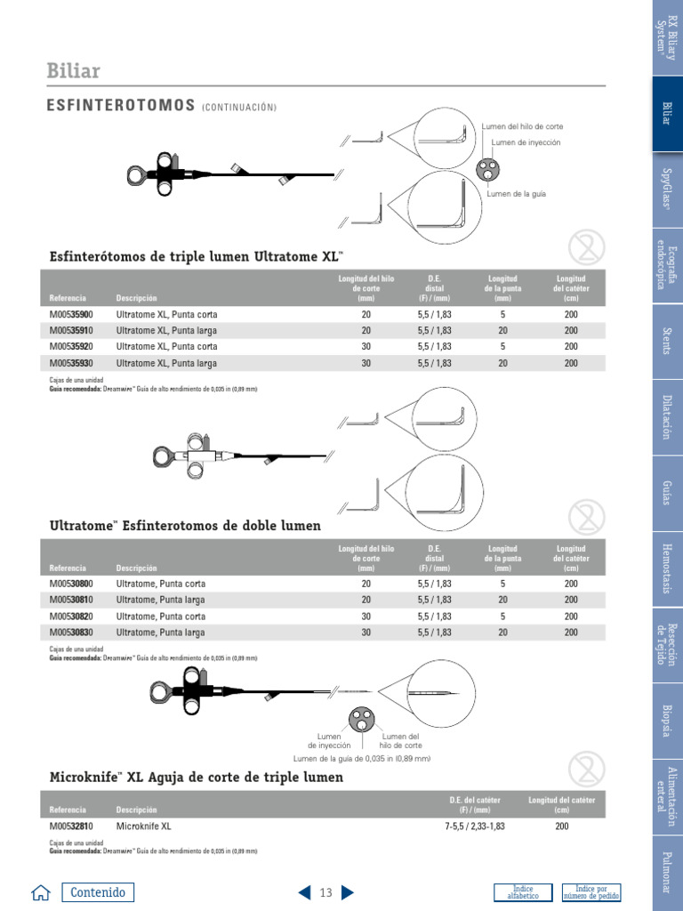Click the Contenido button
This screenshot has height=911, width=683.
(x=98, y=892)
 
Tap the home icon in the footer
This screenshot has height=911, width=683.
(x=40, y=893)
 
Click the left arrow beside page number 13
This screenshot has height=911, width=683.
(x=304, y=892)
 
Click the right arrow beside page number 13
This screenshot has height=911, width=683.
(x=348, y=892)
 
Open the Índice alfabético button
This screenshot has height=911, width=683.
(x=523, y=892)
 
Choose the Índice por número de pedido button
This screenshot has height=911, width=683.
(x=591, y=892)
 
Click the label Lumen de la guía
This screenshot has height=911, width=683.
(x=516, y=194)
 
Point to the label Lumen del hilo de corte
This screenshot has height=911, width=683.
(x=523, y=126)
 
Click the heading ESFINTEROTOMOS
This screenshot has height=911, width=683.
(x=121, y=106)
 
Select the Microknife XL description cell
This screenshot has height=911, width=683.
(x=143, y=826)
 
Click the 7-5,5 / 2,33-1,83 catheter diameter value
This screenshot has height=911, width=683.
(x=475, y=826)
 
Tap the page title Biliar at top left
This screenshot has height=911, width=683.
(x=73, y=71)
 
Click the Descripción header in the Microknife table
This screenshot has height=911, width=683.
(x=136, y=810)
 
